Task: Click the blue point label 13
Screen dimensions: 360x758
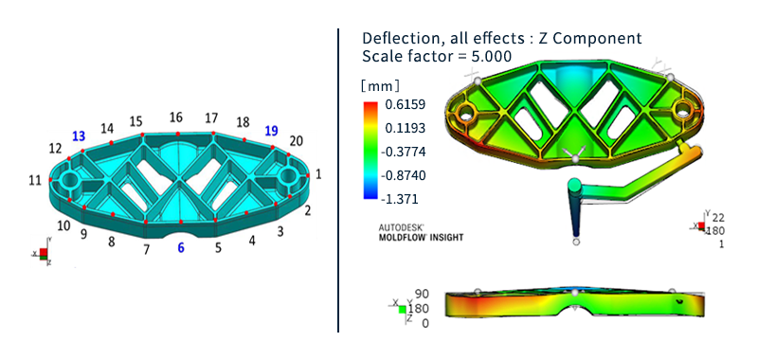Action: pos(79,136)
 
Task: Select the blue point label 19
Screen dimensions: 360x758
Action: pos(272,132)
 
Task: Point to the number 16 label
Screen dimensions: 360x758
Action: pos(176,117)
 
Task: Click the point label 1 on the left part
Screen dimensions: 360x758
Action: pos(318,173)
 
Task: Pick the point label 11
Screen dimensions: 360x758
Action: pos(35,180)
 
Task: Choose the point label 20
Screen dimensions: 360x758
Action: pos(296,141)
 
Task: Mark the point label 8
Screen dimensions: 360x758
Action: pos(112,243)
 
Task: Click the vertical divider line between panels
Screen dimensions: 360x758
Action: pos(339,180)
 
